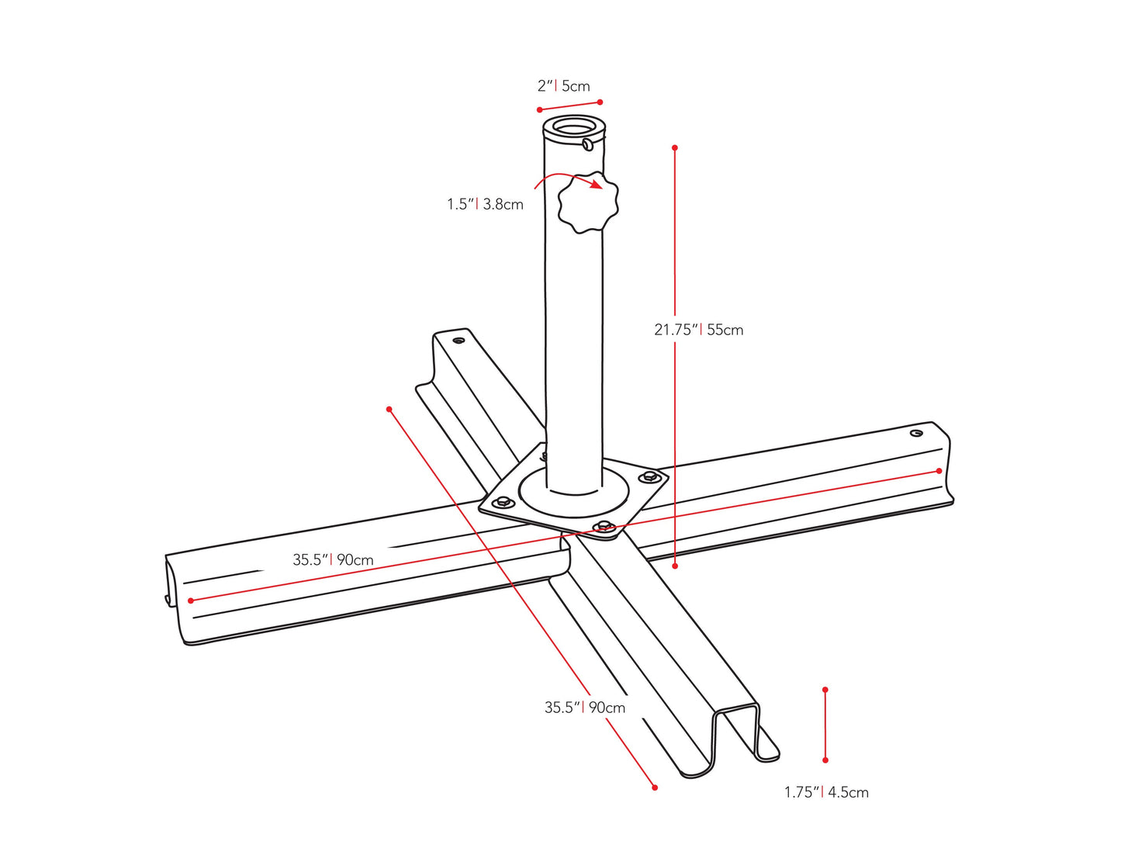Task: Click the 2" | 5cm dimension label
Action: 564,86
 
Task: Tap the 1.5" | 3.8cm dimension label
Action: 485,204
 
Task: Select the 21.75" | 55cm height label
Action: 698,330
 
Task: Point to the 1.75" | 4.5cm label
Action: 826,792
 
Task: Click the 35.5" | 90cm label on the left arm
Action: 333,559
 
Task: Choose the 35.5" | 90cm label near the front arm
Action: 584,708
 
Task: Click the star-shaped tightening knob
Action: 588,203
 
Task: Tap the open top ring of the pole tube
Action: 574,126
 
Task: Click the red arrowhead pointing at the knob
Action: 596,185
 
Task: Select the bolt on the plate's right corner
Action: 649,476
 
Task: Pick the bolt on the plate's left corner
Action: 503,501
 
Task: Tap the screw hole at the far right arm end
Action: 916,433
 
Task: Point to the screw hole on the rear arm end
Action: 458,340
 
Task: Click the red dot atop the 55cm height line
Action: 675,147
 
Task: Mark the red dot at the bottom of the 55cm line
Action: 675,566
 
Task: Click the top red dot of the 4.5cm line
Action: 825,690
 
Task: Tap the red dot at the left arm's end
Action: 191,600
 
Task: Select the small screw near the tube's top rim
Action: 588,144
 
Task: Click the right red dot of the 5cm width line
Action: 600,102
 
